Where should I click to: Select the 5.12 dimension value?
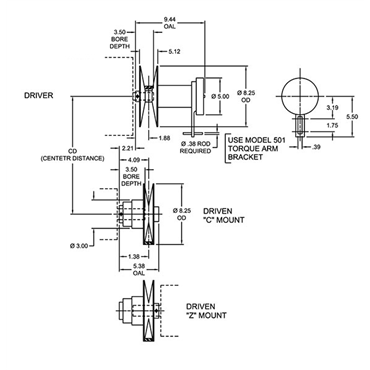coord(174,52)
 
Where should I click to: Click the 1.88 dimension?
coord(164,138)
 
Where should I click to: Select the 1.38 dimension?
coord(132,257)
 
